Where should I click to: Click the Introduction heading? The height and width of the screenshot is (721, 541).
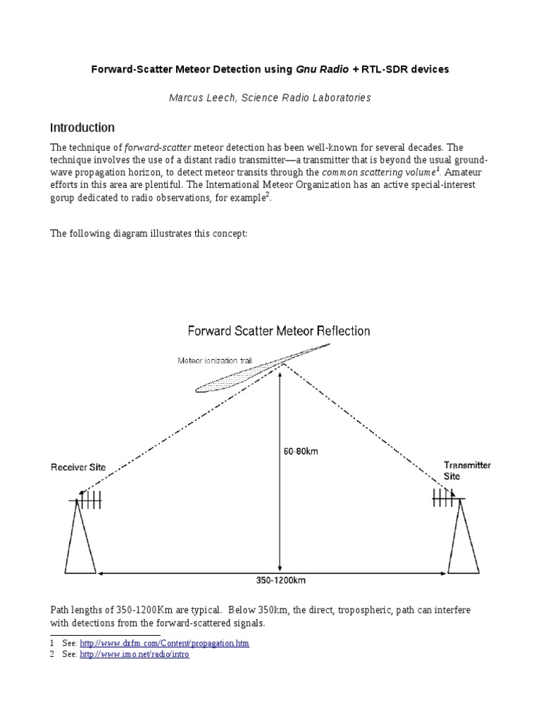coord(82,128)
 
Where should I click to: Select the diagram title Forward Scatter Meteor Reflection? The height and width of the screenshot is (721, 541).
coord(278,330)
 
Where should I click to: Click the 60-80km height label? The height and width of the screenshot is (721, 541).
coord(301,451)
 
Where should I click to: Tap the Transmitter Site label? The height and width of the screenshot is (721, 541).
coord(467,470)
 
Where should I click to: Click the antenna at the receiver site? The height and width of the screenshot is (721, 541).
coord(87,500)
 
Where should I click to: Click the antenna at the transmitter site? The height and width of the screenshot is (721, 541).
coord(447,498)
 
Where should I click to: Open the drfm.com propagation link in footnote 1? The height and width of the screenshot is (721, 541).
coord(164,644)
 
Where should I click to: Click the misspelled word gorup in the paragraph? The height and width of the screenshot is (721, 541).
coord(65,199)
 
